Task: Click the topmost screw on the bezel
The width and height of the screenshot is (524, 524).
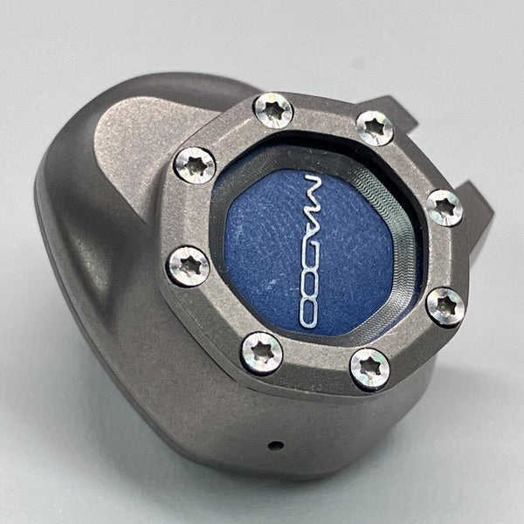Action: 273,111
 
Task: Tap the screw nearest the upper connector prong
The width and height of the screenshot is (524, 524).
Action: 375,128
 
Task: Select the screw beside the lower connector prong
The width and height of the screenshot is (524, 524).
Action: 445,208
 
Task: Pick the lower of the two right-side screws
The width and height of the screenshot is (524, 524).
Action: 445,307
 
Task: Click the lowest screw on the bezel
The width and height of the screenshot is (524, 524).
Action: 370,369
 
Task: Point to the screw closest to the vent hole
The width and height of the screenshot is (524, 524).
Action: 261,354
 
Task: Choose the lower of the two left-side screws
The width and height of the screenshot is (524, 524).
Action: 189,266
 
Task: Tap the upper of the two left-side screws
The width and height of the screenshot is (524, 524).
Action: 195,165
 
